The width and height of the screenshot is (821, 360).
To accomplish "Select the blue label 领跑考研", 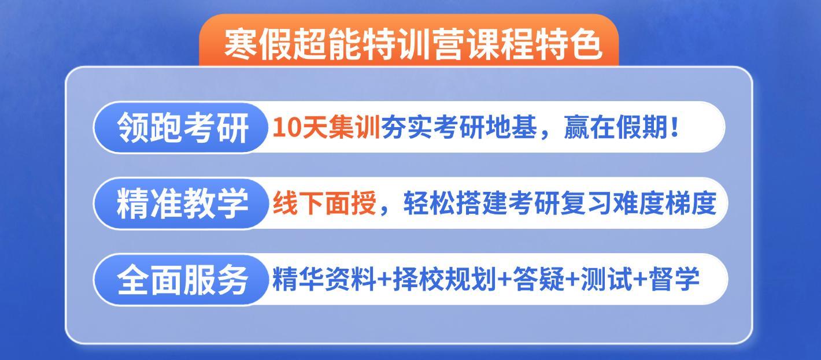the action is coord(183,128).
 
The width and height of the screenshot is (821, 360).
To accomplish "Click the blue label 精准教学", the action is coord(183,203).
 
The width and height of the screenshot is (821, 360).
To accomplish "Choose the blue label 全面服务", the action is coord(183,280).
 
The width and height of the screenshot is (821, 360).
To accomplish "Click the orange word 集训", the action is coord(354,128).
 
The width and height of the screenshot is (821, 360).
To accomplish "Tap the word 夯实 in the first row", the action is coord(406,128).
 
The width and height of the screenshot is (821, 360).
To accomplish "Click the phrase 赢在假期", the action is coord(616,128).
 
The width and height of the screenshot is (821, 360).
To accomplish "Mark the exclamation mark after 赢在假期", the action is coord(674,128).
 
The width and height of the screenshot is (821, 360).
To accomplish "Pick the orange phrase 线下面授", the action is coord(325,203).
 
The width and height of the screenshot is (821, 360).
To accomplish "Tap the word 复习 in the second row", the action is coord(586,203).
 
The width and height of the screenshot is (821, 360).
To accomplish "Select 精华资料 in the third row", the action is coord(324,279).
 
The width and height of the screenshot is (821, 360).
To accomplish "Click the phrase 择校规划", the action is coord(445,279).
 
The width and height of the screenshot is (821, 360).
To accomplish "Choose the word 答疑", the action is coord(538,279).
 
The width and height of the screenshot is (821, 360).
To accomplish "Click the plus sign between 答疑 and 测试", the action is coord(573,280).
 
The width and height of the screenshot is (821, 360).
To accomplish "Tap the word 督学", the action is coord(674,279).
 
